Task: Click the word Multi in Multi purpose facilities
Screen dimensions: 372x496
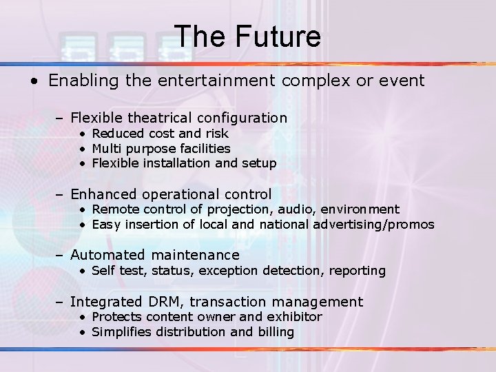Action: coord(105,148)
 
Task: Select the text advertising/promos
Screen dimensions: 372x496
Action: coord(373,225)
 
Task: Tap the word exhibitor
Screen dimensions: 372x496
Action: coord(296,317)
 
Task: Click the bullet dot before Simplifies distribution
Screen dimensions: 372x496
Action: coord(82,333)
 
